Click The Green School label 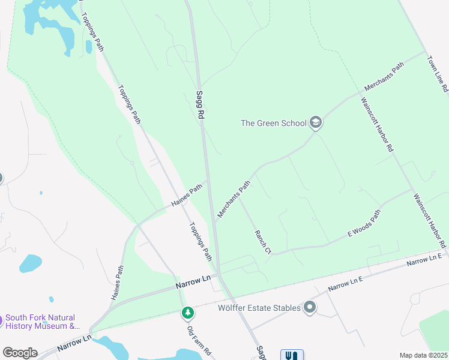(x=273, y=124)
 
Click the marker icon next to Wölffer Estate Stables (x=310, y=308)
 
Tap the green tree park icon (x=188, y=313)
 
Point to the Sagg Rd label (x=200, y=105)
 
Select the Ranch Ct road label (x=263, y=242)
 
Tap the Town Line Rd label (x=437, y=74)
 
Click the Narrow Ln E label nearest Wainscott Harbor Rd (x=424, y=260)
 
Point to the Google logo (x=20, y=353)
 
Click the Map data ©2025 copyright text (x=423, y=355)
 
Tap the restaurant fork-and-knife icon (x=292, y=355)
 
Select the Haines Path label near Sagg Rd (x=187, y=196)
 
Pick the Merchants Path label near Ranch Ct (x=233, y=200)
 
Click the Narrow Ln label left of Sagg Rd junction (x=194, y=280)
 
